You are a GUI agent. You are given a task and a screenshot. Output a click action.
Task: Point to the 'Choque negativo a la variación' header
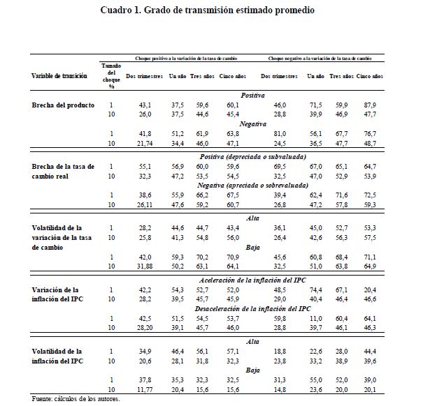pyautogui.click(x=320, y=59)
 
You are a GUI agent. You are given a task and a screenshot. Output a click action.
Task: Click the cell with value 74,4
pyautogui.click(x=314, y=290)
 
